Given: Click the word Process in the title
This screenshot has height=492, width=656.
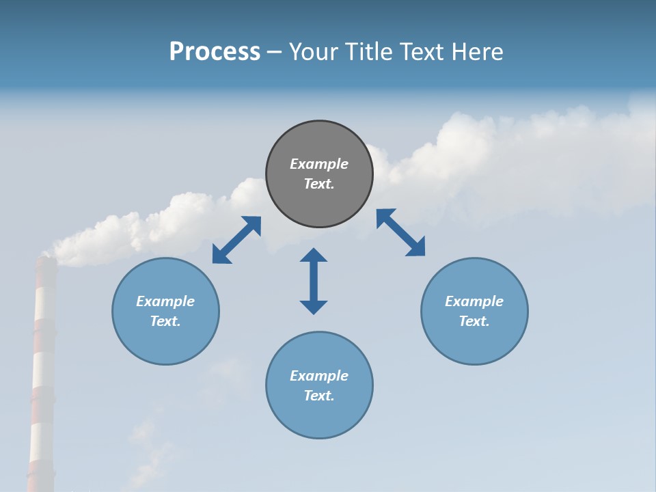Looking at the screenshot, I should (x=215, y=52).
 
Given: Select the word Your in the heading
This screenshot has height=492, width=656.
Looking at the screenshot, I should (x=313, y=52).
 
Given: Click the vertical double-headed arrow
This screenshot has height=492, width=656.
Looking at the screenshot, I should (x=314, y=282).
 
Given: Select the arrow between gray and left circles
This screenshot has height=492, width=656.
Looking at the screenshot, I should (x=236, y=240).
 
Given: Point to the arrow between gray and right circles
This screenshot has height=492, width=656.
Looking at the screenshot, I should (x=400, y=232).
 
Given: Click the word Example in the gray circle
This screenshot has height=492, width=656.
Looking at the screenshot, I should (x=319, y=164).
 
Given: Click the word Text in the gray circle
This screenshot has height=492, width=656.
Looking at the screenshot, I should (x=319, y=184).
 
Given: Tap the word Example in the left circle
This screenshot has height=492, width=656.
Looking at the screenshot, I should (x=165, y=301).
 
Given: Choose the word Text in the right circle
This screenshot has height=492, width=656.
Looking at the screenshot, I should (x=474, y=321).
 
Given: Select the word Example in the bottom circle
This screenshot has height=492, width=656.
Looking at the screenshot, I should (x=319, y=376).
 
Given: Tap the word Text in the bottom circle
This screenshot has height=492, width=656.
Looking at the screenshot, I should (x=319, y=396).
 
